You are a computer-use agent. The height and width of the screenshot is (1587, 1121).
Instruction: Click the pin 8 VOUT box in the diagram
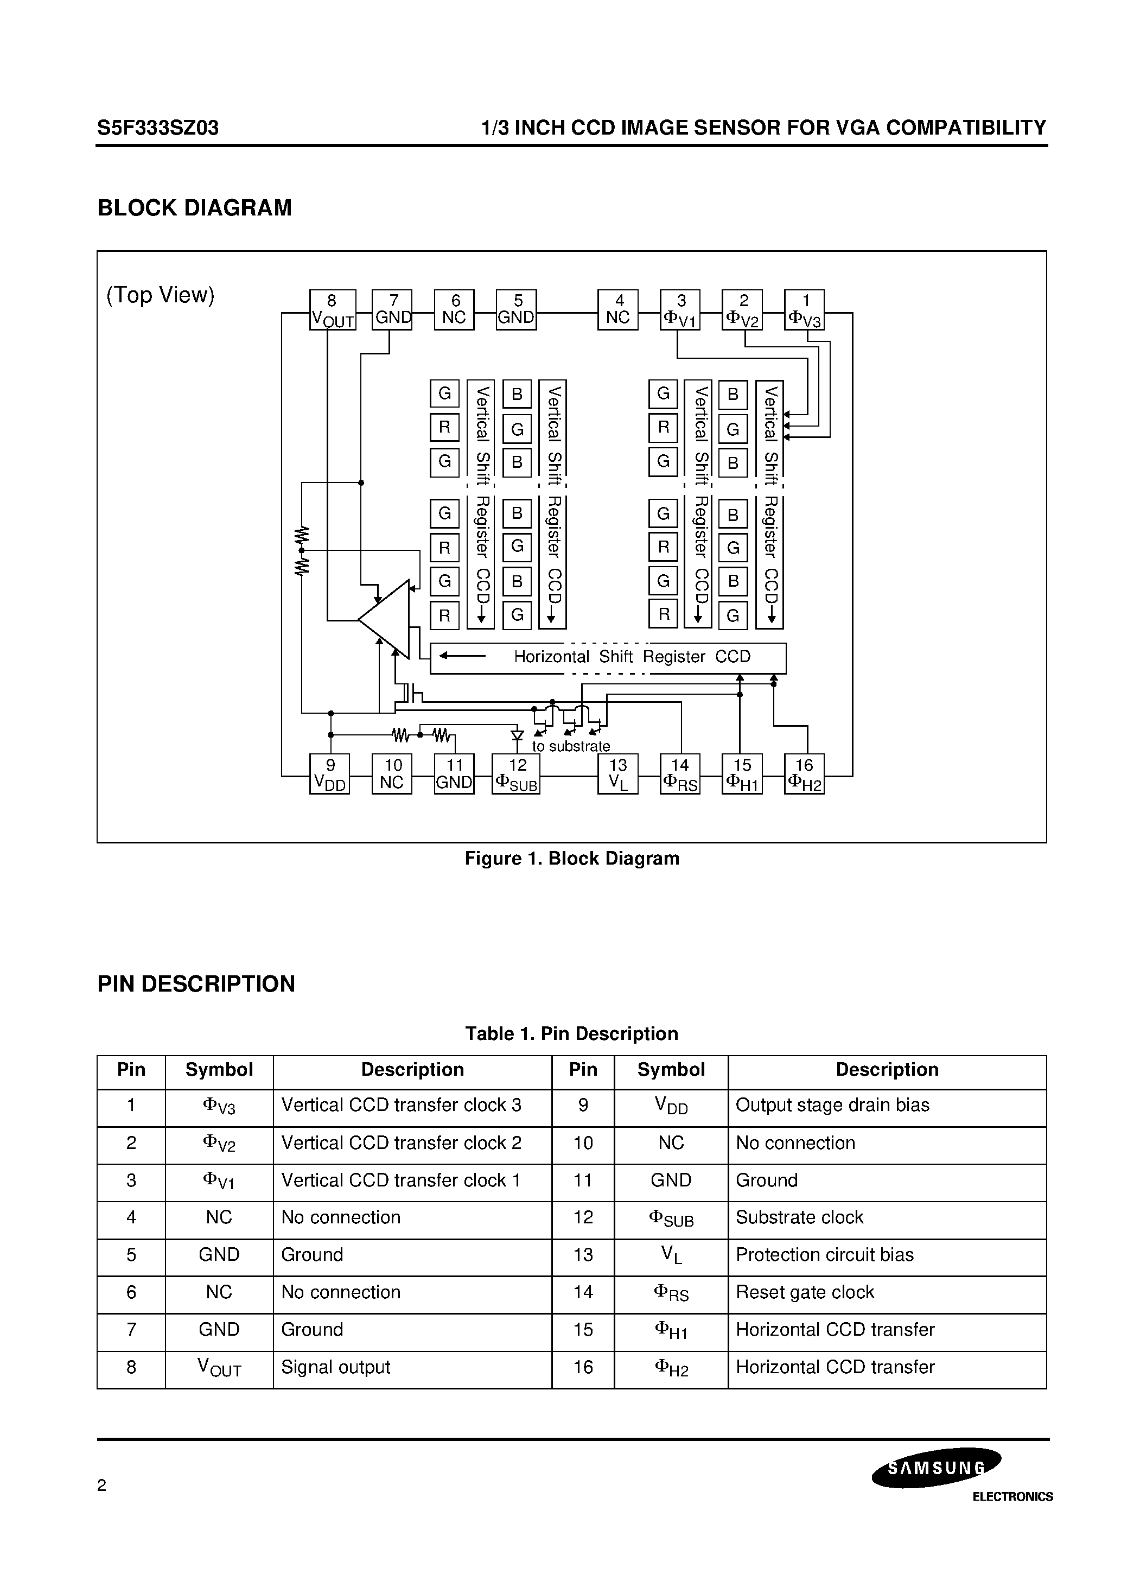333,310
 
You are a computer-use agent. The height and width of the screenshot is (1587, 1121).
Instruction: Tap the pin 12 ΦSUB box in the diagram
515,773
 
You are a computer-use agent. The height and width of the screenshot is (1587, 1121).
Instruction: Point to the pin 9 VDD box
330,773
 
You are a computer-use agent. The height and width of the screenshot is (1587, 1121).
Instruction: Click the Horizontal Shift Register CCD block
608,657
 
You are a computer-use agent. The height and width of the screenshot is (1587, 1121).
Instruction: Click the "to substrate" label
571,746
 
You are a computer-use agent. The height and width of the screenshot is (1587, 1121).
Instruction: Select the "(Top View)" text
161,295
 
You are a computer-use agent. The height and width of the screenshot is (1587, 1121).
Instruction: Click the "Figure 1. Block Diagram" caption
571,859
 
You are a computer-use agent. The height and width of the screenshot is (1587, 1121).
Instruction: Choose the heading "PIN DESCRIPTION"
196,983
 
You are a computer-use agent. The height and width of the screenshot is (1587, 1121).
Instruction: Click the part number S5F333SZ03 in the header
158,128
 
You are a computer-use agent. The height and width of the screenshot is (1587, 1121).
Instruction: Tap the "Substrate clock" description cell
800,1217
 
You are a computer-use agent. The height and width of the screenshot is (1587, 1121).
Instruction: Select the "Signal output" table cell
336,1367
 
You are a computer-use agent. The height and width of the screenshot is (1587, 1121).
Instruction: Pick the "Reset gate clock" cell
805,1292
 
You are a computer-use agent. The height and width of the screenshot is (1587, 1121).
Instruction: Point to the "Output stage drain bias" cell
832,1105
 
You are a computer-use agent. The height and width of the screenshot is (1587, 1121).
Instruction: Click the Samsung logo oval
936,1468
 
